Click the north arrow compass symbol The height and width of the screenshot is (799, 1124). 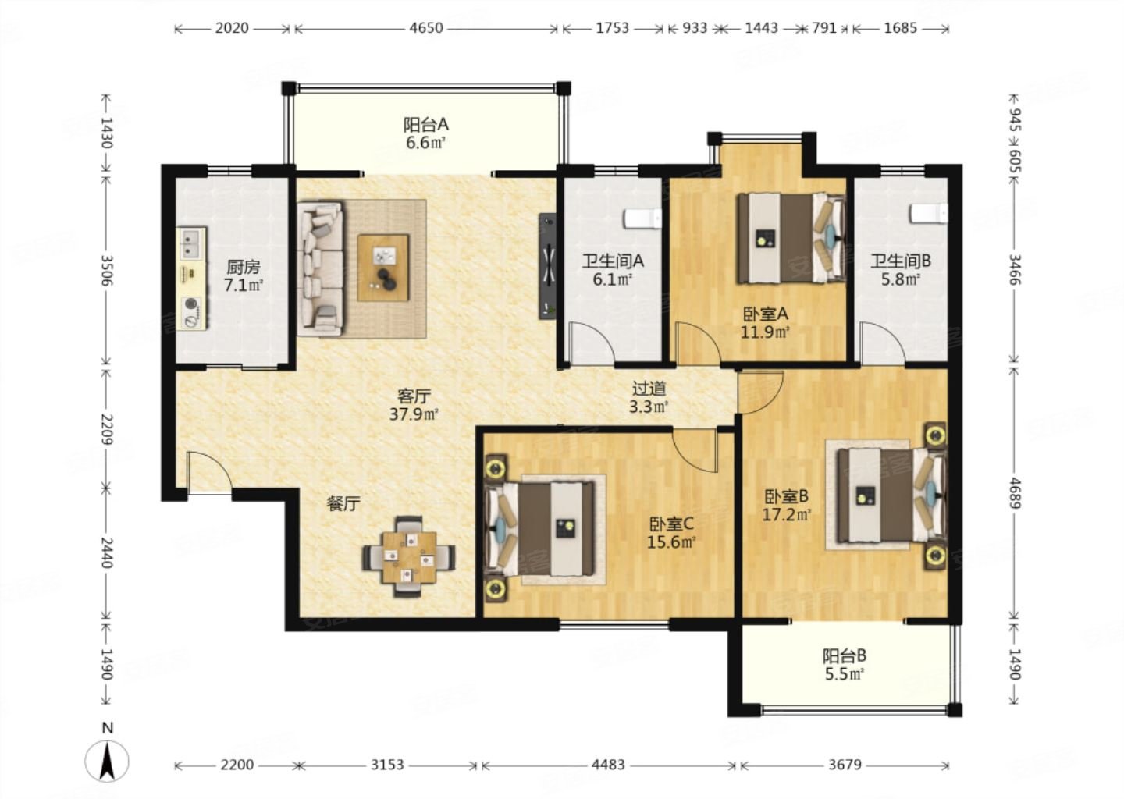pyautogui.click(x=106, y=761)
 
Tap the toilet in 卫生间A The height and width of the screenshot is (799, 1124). pyautogui.click(x=642, y=218)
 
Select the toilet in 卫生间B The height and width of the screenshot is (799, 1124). pyautogui.click(x=929, y=213)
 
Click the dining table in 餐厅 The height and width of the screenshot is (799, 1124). pyautogui.click(x=409, y=557)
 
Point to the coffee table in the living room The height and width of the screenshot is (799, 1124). pyautogui.click(x=383, y=268)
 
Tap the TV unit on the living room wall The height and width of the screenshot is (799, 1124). pyautogui.click(x=547, y=266)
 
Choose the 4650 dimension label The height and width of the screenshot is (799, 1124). pyautogui.click(x=426, y=28)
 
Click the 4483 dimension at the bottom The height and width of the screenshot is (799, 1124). pyautogui.click(x=608, y=765)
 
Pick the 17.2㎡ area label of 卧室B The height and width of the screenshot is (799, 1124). pyautogui.click(x=787, y=515)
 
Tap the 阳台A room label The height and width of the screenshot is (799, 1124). pyautogui.click(x=426, y=124)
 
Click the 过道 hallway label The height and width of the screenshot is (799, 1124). pyautogui.click(x=649, y=389)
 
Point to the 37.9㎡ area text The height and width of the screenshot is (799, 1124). pyautogui.click(x=414, y=414)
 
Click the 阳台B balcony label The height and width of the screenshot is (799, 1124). pyautogui.click(x=845, y=655)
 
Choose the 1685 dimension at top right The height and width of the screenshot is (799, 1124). pyautogui.click(x=900, y=28)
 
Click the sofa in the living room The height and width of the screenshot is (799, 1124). pyautogui.click(x=321, y=268)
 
